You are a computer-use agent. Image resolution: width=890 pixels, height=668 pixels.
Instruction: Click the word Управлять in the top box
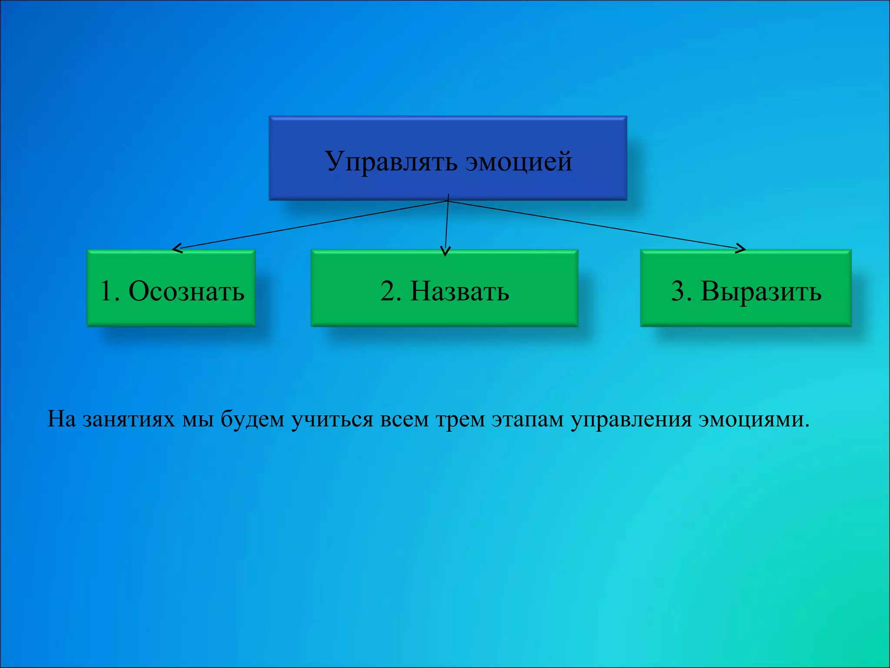(x=391, y=162)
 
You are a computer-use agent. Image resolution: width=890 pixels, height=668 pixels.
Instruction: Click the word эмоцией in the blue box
(x=519, y=162)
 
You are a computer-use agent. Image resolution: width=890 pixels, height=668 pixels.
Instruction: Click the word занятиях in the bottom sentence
(x=128, y=419)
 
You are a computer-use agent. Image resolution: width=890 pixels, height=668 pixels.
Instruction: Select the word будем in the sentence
(x=252, y=419)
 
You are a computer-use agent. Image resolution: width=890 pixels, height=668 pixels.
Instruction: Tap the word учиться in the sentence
(x=332, y=420)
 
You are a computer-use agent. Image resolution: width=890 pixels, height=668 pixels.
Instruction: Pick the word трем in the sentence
(x=460, y=420)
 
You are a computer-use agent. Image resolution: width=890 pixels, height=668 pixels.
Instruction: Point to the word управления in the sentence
(x=631, y=420)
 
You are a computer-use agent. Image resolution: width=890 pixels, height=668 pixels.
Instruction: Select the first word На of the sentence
(x=61, y=419)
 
